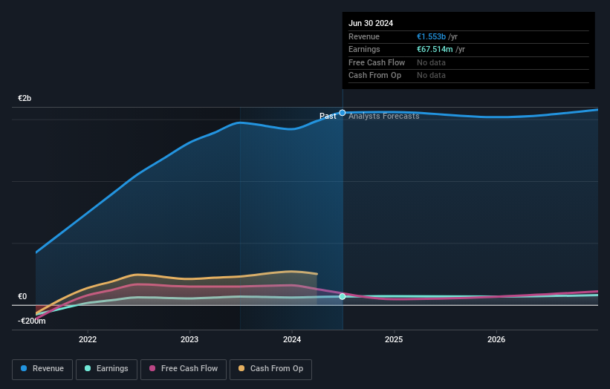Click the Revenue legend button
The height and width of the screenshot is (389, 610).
coord(43,369)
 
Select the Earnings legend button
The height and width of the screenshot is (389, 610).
coord(106,369)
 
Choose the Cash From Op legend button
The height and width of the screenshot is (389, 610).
coord(271,369)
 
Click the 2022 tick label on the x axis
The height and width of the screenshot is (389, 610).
coord(88,340)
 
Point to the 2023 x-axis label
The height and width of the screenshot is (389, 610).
coord(189,340)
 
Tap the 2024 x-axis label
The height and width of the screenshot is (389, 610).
coord(292,340)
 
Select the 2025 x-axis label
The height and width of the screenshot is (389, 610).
coord(394,340)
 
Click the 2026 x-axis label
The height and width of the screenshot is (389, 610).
coord(496,340)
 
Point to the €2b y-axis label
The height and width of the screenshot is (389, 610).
coord(25,99)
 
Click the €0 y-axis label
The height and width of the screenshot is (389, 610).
coord(22,296)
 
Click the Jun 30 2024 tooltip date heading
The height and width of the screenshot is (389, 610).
coord(371,23)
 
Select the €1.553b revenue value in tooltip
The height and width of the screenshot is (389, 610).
coord(431,37)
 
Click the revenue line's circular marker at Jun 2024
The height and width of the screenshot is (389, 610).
coord(343,113)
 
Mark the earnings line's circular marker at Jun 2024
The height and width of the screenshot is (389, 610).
coord(343,296)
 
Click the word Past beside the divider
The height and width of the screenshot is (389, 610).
coord(328,117)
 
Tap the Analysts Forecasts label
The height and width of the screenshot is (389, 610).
coord(383,117)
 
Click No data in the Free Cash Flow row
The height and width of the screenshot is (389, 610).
coord(431,63)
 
